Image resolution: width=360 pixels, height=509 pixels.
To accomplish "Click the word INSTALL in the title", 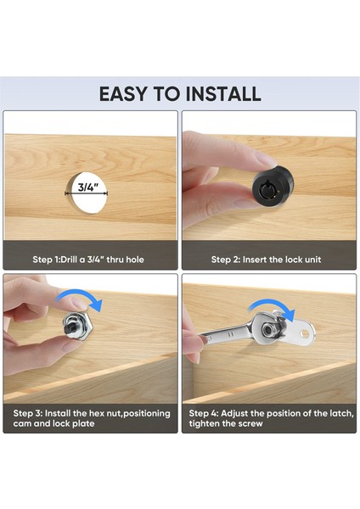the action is [x=223, y=94].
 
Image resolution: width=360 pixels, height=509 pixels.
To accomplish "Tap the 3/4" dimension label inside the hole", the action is [x=87, y=187].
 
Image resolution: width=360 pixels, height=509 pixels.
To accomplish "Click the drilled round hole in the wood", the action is [x=87, y=193].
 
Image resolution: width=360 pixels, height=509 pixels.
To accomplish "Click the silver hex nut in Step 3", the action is [x=78, y=325].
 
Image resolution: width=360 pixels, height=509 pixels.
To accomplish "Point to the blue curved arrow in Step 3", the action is [x=81, y=299].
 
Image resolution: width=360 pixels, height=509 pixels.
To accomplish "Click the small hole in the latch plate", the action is [x=306, y=333].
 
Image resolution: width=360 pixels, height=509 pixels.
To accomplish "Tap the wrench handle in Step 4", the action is [x=224, y=333].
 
